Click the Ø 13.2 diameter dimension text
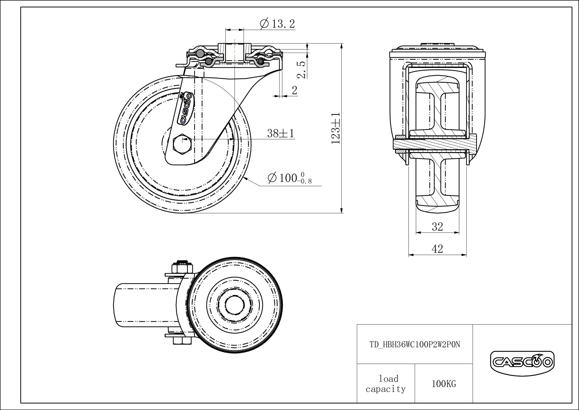[277, 24]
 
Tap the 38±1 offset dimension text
[281, 134]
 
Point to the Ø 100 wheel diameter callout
[290, 178]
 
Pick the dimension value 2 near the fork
[295, 90]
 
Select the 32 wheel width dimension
[437, 226]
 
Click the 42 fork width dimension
[437, 249]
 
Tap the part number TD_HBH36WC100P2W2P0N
[415, 345]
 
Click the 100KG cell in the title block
[444, 384]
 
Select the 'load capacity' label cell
[386, 384]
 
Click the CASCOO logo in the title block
[522, 363]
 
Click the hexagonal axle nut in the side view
[182, 144]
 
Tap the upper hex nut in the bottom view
[182, 267]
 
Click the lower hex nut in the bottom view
[182, 340]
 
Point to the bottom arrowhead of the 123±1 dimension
[342, 210]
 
